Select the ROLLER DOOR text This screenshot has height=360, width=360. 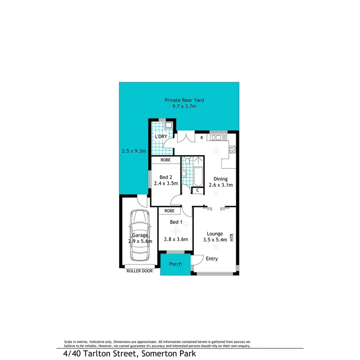click(x=139, y=271)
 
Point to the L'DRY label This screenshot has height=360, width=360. click(x=161, y=137)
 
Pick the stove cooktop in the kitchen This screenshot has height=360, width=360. click(x=233, y=149)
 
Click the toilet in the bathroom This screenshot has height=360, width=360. click(x=185, y=173)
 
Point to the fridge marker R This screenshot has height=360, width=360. click(x=202, y=138)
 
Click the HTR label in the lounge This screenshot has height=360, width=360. click(x=232, y=237)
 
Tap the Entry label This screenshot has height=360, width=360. click(x=212, y=259)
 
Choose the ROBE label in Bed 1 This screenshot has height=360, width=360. click(x=169, y=210)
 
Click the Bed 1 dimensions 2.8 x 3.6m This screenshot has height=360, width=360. click(x=176, y=239)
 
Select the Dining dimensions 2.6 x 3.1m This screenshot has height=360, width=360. click(x=220, y=185)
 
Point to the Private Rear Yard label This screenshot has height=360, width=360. click(x=184, y=100)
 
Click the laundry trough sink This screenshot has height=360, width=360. click(x=168, y=126)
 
